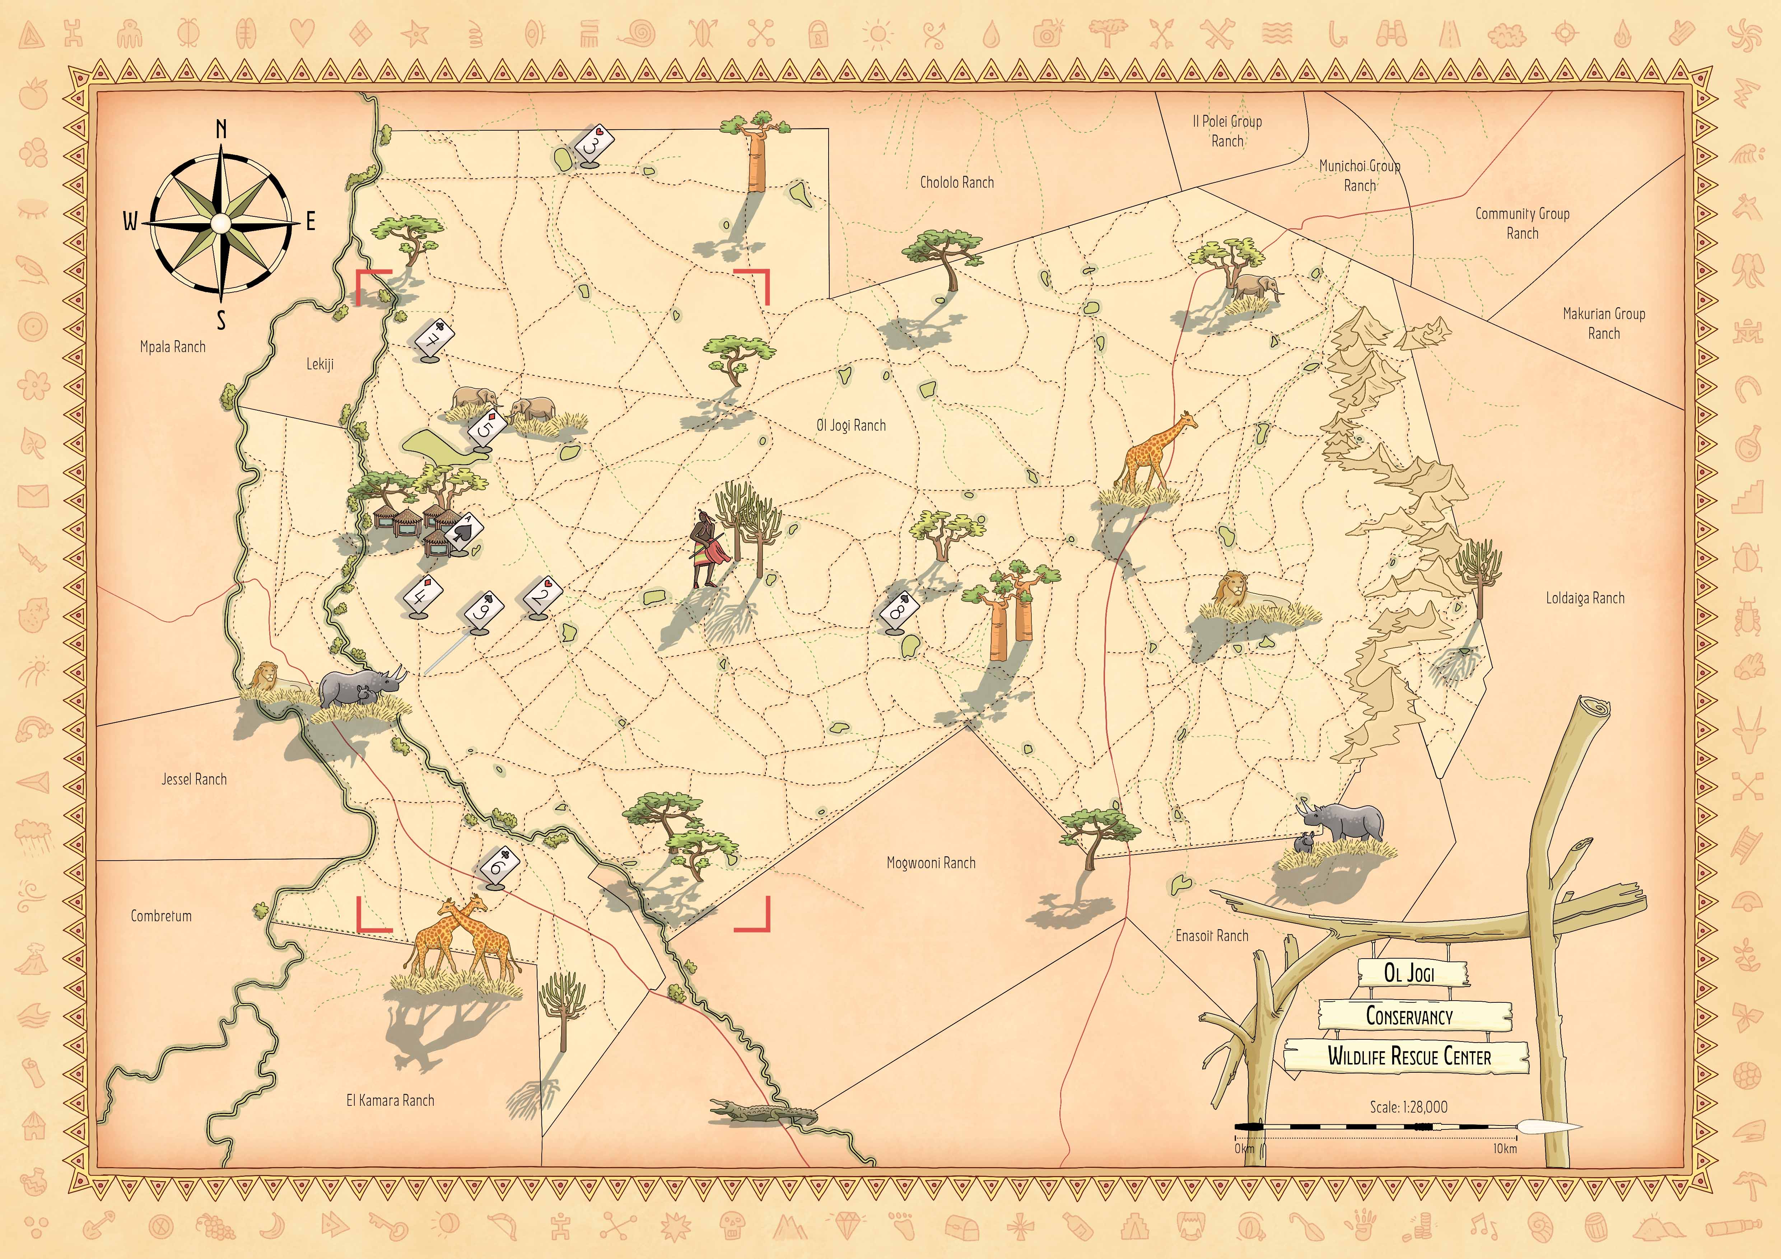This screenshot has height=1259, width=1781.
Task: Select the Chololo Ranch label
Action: click(x=956, y=182)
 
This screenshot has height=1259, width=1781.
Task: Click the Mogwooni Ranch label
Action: click(x=931, y=863)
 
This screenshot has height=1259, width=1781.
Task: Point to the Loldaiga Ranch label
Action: click(x=1585, y=598)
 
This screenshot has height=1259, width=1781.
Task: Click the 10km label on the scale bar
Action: click(x=1505, y=1148)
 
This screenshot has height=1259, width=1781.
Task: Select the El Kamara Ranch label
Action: click(x=390, y=1100)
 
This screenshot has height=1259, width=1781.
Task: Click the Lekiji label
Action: click(x=320, y=364)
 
